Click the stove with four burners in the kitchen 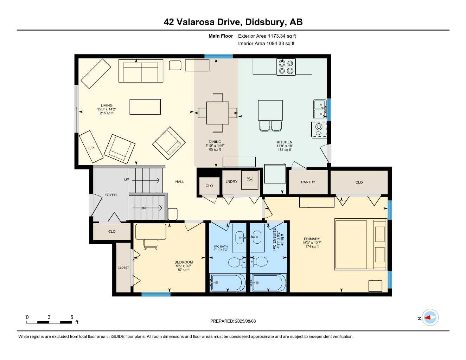click(286, 67)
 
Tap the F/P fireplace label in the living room click(91, 148)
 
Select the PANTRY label click(308, 182)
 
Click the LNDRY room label click(231, 182)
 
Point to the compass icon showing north click(430, 318)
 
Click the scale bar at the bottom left click(49, 322)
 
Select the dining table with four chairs click(217, 112)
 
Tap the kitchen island click(270, 110)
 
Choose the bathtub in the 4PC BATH click(228, 283)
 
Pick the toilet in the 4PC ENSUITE click(260, 262)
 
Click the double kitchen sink click(320, 109)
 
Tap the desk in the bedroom click(151, 232)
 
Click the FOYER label click(110, 195)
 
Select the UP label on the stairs click(127, 180)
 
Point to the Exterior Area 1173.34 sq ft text click(267, 36)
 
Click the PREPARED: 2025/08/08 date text click(233, 321)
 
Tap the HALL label click(180, 182)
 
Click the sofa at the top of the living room click(141, 71)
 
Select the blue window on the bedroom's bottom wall click(156, 294)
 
